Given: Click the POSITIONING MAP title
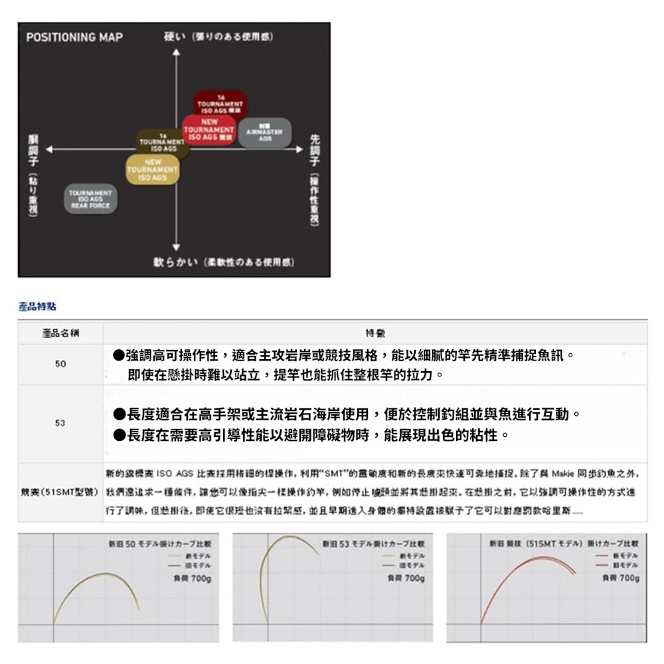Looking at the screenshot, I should [74, 37].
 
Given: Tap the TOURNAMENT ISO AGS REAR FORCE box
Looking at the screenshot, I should [90, 199].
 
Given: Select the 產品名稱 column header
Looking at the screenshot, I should [60, 332].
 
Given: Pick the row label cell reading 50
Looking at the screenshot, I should [60, 365].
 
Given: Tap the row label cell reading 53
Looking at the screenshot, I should [60, 423].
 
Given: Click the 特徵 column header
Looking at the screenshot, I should [374, 332].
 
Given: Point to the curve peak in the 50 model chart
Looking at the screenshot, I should [103, 573].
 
